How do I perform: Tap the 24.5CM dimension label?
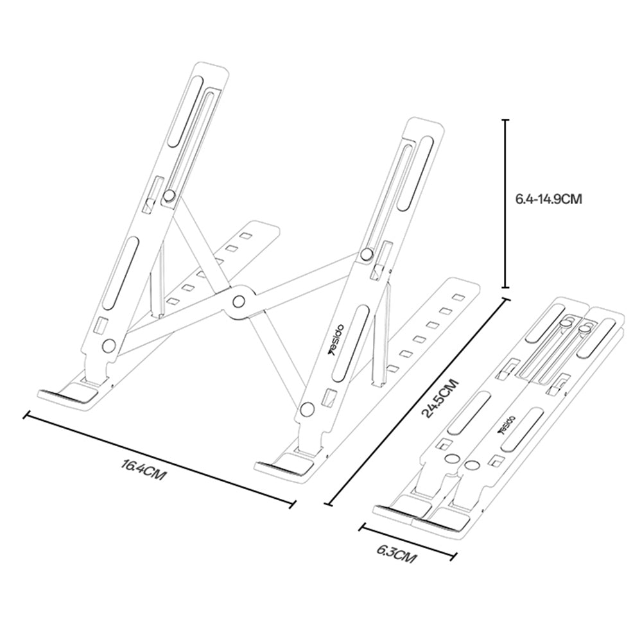click(x=441, y=398)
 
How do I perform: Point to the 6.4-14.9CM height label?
click(x=548, y=200)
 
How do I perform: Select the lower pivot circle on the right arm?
click(x=308, y=408)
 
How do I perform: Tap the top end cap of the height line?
click(x=506, y=120)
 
